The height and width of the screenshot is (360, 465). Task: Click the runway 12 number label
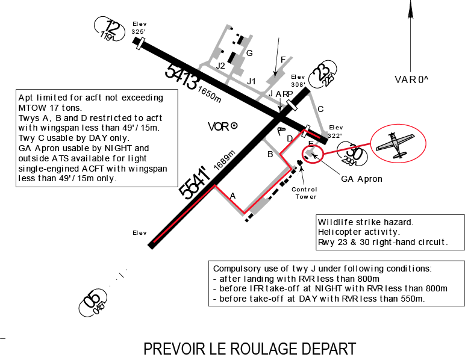click(113, 27)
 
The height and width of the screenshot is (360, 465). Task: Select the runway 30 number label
click(354, 152)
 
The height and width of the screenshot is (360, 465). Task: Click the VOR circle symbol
click(234, 126)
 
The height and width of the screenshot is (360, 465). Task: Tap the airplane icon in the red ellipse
click(395, 145)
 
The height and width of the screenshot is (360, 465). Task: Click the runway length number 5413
click(181, 76)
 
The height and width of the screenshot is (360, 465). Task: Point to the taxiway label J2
click(220, 66)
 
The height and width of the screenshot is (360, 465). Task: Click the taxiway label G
click(249, 53)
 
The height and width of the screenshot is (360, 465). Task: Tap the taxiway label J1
click(251, 81)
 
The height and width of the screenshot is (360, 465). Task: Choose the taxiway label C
click(320, 110)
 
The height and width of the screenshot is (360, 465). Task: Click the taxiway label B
click(270, 154)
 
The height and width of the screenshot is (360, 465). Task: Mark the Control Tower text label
click(305, 193)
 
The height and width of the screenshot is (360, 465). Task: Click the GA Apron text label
click(361, 179)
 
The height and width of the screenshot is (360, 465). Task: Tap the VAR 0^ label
click(411, 79)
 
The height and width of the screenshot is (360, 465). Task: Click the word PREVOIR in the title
click(174, 349)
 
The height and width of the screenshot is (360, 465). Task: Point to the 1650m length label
click(210, 95)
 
